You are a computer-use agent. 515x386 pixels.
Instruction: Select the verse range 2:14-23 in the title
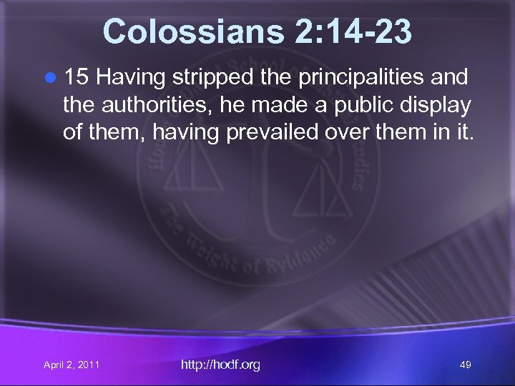point(340,32)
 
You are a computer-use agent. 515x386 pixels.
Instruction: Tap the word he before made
point(226,105)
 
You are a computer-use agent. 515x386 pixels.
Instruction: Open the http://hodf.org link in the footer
point(221,365)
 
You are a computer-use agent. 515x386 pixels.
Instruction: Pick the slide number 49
point(466,365)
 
